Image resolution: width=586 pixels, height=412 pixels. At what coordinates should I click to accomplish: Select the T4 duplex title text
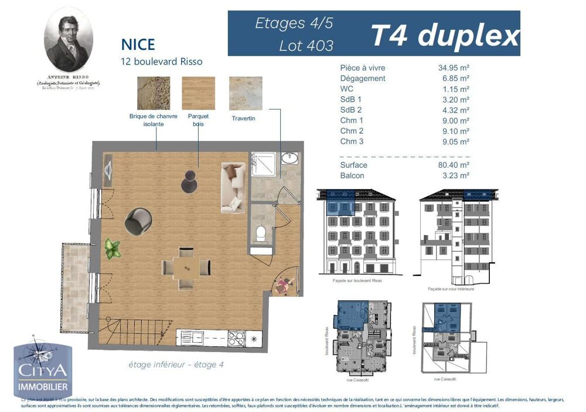(445, 36)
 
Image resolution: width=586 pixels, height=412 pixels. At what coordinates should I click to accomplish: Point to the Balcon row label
(352, 175)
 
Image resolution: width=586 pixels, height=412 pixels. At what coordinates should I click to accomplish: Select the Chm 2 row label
(352, 131)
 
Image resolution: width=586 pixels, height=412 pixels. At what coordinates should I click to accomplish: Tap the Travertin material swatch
(246, 93)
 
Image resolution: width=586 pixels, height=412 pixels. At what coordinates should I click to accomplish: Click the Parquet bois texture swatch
(198, 93)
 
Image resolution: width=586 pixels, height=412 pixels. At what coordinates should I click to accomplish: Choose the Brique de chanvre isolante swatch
(154, 93)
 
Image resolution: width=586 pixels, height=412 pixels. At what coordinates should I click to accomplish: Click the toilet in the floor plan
(261, 232)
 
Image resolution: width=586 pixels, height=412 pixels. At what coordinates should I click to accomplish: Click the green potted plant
(112, 249)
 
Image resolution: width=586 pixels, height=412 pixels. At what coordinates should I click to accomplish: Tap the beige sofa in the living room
(233, 187)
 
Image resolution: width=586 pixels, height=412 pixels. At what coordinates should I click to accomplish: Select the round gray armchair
(138, 221)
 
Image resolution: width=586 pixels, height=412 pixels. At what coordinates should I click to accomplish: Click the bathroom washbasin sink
(289, 159)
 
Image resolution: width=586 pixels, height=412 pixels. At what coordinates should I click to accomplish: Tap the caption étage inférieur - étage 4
(176, 364)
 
